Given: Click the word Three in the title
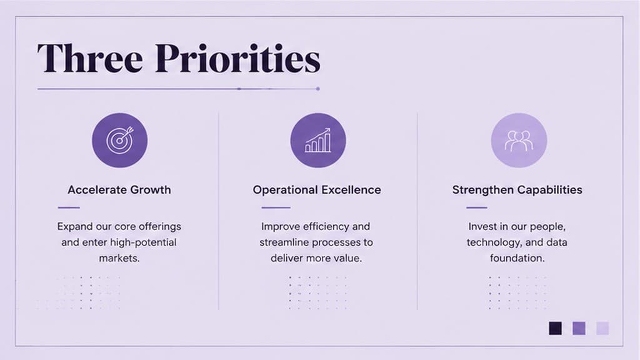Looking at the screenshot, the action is [90, 58].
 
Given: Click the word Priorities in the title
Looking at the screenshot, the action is [237, 58].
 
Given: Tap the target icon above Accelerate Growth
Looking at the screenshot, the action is [119, 140].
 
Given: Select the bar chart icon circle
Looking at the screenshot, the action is [318, 140].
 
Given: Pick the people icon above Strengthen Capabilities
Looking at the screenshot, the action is [519, 140].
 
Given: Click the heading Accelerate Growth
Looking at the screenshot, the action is [119, 190].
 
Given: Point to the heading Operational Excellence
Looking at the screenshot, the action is [317, 190].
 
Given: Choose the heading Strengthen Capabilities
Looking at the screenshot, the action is [517, 190].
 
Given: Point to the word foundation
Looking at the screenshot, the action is [517, 258].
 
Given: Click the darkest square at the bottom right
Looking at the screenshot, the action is [555, 328].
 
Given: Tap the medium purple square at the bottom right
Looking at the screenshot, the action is [579, 328].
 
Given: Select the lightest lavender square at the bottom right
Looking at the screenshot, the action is [602, 328].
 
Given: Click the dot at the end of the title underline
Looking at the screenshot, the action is [317, 89].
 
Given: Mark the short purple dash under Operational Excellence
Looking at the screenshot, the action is [276, 207].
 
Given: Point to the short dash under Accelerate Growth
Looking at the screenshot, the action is [69, 207].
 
